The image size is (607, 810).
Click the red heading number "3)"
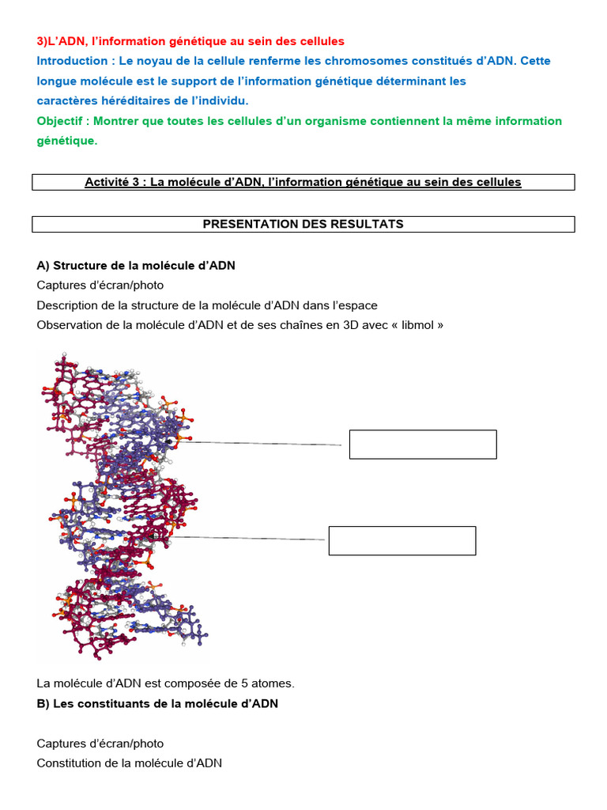pyautogui.click(x=43, y=41)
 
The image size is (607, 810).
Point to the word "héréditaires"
pyautogui.click(x=138, y=100)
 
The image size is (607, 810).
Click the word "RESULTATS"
pyautogui.click(x=367, y=224)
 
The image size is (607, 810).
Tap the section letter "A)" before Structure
pyautogui.click(x=43, y=265)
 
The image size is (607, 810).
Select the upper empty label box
pyautogui.click(x=423, y=445)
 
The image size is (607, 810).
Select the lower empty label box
pyautogui.click(x=402, y=540)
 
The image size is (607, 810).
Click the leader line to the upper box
pyautogui.click(x=261, y=444)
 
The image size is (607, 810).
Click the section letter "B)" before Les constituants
pyautogui.click(x=43, y=703)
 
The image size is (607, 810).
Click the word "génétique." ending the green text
pyautogui.click(x=67, y=141)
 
